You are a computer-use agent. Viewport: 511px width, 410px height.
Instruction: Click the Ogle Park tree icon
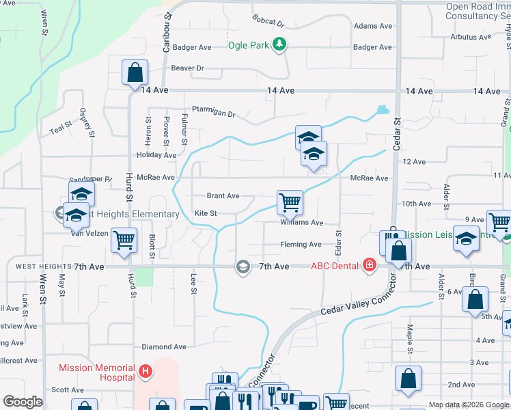click(x=279, y=45)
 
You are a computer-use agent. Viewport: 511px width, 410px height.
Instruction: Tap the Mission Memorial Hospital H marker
click(x=144, y=372)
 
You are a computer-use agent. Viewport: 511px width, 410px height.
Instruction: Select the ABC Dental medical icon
click(x=370, y=265)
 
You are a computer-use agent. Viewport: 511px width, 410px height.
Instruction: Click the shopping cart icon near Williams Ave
click(x=290, y=202)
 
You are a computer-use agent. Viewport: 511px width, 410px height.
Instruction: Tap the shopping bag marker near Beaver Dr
click(x=135, y=72)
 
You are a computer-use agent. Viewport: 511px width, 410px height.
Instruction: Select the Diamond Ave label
click(x=164, y=347)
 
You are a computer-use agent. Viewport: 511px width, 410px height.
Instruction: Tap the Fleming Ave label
click(x=300, y=245)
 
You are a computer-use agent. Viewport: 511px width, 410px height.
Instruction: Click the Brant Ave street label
click(x=223, y=196)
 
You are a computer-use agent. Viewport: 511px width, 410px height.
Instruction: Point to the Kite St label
click(x=206, y=214)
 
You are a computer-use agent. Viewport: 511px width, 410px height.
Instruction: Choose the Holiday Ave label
click(x=156, y=156)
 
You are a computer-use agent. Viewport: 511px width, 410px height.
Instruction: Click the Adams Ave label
click(x=373, y=26)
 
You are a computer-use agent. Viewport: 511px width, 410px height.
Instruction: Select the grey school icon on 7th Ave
click(x=243, y=266)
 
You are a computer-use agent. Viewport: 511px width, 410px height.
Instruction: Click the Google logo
click(x=23, y=402)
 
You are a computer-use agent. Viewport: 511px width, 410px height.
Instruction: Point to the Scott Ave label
click(x=68, y=390)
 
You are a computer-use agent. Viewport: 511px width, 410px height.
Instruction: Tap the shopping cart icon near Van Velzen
click(x=124, y=240)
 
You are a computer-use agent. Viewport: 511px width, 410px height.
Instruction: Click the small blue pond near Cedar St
click(x=383, y=109)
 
